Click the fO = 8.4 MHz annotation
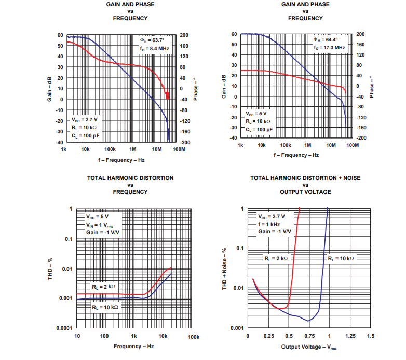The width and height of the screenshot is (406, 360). click(x=155, y=48)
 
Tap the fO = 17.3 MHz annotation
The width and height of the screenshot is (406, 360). click(x=329, y=47)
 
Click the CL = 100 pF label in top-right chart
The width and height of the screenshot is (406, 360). click(x=259, y=129)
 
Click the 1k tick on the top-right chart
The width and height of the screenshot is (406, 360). click(x=240, y=145)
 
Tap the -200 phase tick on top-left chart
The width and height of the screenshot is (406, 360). click(x=184, y=142)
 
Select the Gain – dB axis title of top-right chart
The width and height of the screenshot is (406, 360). click(x=223, y=86)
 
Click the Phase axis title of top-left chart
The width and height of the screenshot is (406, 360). click(x=195, y=89)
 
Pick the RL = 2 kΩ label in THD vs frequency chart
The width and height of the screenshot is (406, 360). click(x=104, y=286)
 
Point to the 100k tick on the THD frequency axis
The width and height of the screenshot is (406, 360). click(x=193, y=337)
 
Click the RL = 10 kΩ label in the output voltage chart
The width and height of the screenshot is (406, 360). click(x=341, y=258)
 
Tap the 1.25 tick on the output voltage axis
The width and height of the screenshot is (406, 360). click(x=350, y=336)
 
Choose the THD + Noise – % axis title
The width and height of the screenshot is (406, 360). click(x=225, y=268)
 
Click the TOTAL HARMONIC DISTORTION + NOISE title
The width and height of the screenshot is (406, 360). click(x=305, y=178)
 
